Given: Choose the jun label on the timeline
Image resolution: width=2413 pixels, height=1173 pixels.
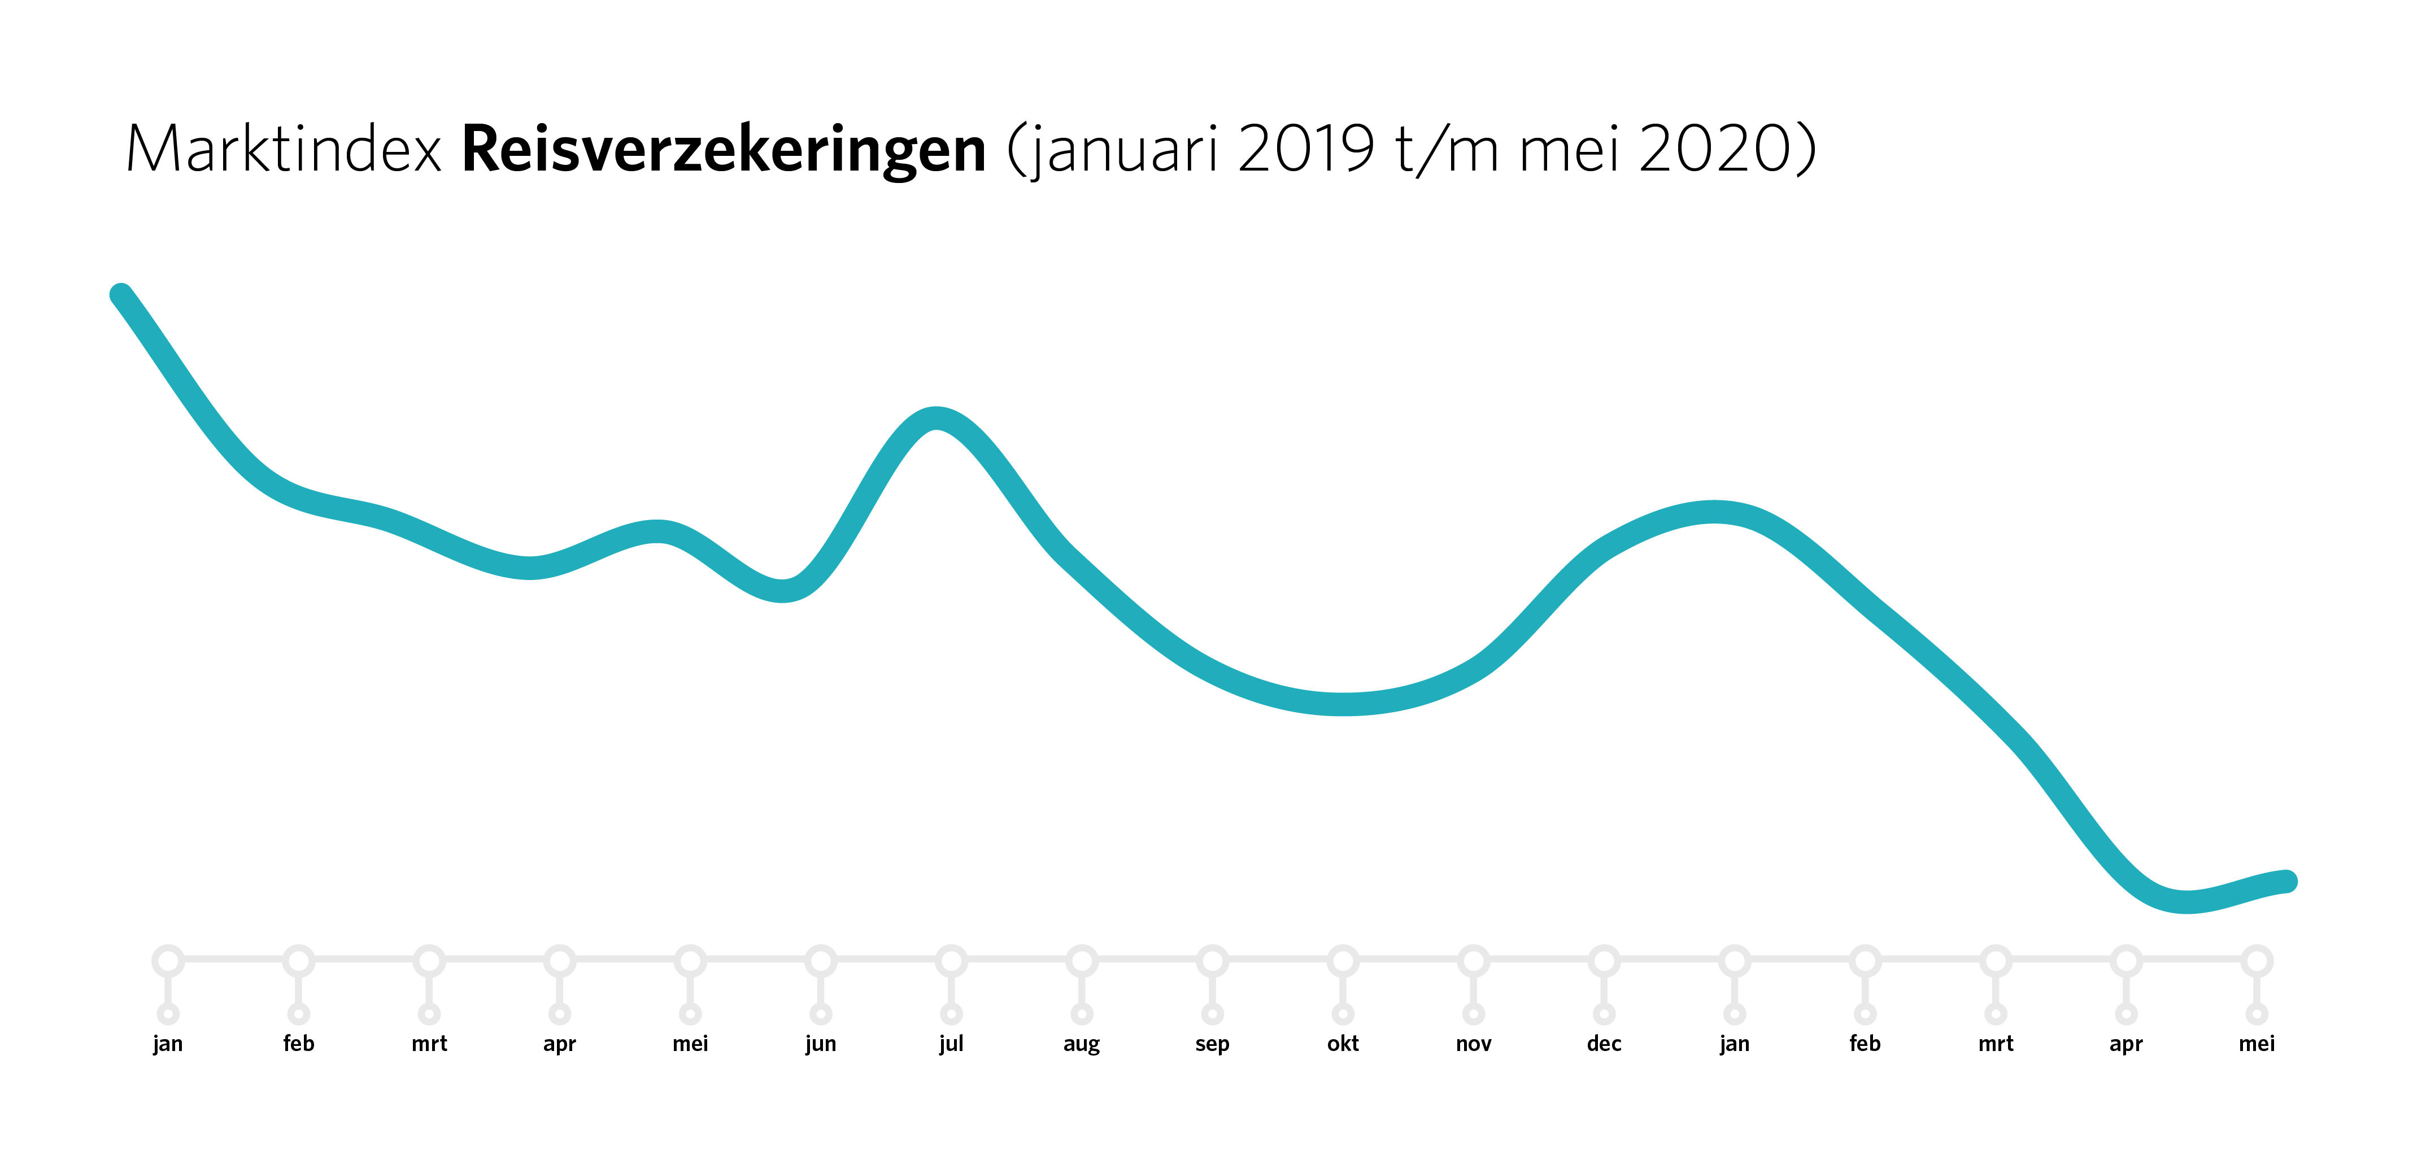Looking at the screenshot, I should pos(821,1044).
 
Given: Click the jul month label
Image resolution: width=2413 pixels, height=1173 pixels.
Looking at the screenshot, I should pos(951,1044).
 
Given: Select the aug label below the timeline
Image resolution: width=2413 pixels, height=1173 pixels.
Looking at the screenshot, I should pos(1081,1044).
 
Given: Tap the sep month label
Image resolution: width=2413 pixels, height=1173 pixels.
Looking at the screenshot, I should pos(1212,1044).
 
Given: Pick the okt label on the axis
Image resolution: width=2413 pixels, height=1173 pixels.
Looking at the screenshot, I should pos(1342,1044).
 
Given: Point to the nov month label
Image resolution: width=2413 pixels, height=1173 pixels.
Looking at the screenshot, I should pos(1474,1044).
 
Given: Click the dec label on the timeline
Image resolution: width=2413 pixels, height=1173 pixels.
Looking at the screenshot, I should pos(1604,1044).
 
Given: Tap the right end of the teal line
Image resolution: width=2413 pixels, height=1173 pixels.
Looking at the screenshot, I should pos(2286,880).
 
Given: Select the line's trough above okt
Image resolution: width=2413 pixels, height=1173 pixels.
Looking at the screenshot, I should pos(1344,704).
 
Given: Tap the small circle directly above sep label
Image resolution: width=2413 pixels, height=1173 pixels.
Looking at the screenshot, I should pos(1212,1014).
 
